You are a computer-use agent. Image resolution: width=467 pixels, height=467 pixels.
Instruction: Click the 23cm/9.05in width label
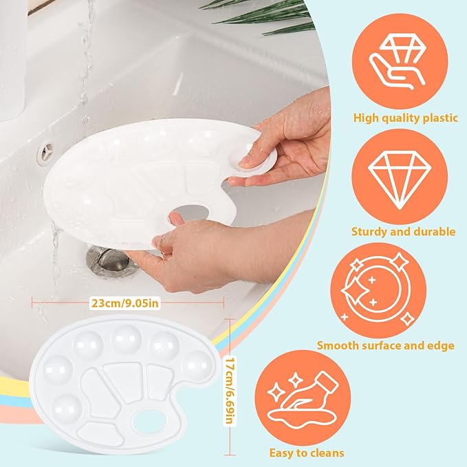coord(125,303)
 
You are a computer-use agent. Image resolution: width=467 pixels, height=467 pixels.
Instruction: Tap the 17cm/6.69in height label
coord(229,390)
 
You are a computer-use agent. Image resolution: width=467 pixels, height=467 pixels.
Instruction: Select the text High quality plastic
coord(405,118)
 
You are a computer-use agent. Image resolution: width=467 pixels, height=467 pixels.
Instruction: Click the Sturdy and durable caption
coord(404,231)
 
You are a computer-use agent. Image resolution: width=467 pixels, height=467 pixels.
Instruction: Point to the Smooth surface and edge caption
coord(386,345)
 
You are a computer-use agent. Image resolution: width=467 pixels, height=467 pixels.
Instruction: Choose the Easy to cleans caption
coord(307,453)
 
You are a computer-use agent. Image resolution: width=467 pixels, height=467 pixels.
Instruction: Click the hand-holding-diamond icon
coord(398,63)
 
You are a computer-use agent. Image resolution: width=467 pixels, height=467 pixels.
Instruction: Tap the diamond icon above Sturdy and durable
coord(400,180)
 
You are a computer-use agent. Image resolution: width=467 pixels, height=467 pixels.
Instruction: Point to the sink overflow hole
coord(45,153)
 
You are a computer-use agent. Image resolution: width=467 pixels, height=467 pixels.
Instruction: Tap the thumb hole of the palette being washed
coord(190,212)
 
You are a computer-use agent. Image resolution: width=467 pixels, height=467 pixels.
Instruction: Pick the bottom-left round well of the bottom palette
coord(67,408)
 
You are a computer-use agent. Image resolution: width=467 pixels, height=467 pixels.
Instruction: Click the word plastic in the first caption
coord(440,118)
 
